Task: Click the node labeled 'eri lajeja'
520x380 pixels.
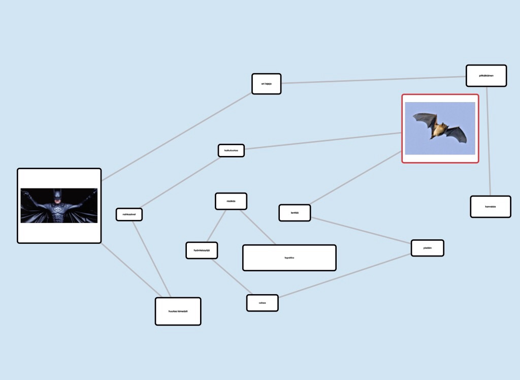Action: click(266, 84)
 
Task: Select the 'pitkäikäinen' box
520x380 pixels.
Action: click(486, 76)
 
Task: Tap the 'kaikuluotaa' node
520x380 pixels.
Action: click(231, 150)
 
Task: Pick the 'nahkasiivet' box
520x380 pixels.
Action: click(129, 214)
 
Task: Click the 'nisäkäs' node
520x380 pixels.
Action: click(231, 201)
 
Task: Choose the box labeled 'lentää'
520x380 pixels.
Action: click(295, 212)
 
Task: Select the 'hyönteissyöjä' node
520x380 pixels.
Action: click(202, 250)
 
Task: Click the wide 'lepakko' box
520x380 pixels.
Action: click(289, 258)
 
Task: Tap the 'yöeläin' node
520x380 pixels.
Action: click(427, 248)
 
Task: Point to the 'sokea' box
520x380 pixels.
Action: click(262, 303)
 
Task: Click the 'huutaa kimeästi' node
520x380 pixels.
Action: click(178, 311)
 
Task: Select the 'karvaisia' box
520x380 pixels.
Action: click(490, 207)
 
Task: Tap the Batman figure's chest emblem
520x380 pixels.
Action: click(59, 208)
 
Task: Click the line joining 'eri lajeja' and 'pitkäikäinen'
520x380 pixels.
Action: click(373, 80)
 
